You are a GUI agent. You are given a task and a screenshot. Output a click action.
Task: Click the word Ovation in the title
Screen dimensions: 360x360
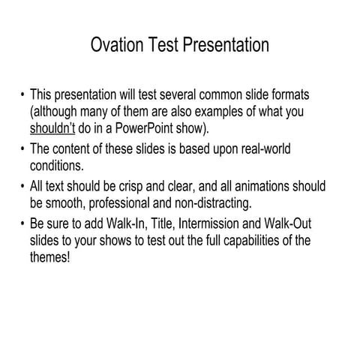[118, 45]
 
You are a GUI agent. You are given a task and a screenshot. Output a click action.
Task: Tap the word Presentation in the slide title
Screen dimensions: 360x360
[224, 45]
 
